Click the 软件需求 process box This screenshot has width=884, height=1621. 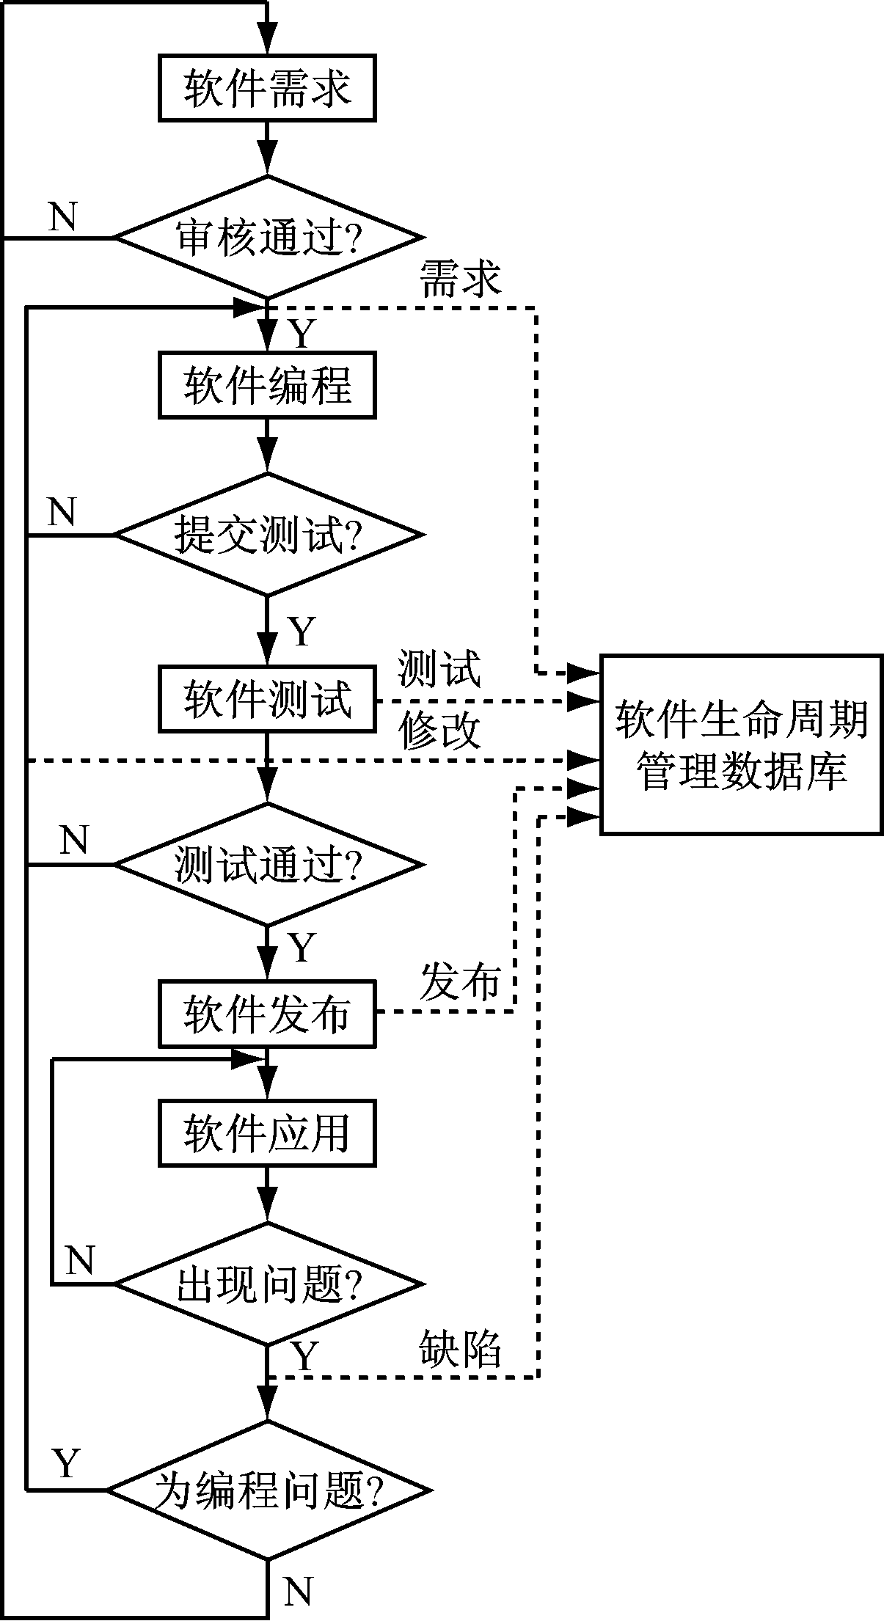(267, 87)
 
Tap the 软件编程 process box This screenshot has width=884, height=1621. (267, 385)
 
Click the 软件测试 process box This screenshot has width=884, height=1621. (267, 699)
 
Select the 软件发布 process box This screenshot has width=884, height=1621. (267, 1014)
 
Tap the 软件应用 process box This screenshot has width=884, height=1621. (267, 1133)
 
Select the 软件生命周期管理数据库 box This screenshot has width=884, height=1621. (741, 744)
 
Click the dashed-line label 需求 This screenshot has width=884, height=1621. (460, 279)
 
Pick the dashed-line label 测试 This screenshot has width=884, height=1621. (439, 669)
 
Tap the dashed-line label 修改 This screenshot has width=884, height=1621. (439, 731)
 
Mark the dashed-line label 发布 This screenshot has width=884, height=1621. (460, 981)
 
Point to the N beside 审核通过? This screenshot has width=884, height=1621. (62, 217)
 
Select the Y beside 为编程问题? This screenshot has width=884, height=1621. (66, 1464)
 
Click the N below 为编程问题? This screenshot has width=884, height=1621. (297, 1590)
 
